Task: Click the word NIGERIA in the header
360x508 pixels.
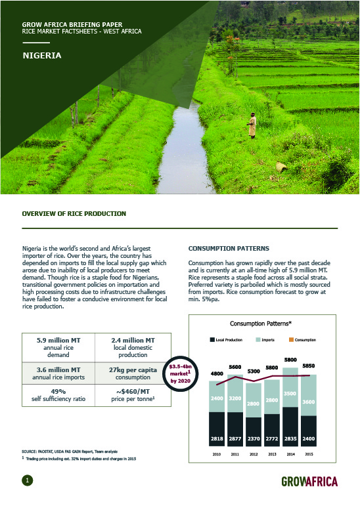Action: (x=42, y=55)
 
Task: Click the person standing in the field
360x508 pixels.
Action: (x=252, y=125)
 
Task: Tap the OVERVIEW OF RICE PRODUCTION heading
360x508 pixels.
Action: (x=74, y=214)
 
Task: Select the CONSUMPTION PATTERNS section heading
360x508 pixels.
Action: (x=229, y=249)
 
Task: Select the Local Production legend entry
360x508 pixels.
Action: (x=225, y=340)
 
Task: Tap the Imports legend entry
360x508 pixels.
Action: (x=265, y=340)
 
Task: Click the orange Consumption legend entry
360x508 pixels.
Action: (x=303, y=340)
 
